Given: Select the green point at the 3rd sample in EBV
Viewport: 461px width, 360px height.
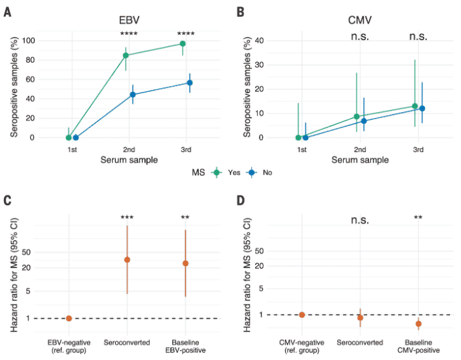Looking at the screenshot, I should click(x=183, y=43).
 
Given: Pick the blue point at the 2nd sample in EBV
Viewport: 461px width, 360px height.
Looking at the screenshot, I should click(x=133, y=95).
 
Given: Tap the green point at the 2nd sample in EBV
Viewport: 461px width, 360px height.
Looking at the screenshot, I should click(x=126, y=55).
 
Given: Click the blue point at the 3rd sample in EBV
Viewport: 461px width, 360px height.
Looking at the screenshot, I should click(x=190, y=83).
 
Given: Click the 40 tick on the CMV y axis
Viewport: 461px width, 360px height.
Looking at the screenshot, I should click(x=260, y=41).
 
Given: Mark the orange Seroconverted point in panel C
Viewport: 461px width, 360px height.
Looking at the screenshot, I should click(x=127, y=260).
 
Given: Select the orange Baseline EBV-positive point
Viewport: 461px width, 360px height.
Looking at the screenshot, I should click(x=185, y=264).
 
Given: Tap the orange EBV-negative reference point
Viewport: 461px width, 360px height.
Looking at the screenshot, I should click(x=69, y=318).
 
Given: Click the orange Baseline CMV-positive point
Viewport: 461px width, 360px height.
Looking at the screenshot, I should click(x=418, y=324).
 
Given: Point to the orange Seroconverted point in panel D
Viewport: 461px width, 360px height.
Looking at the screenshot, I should click(x=360, y=317).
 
